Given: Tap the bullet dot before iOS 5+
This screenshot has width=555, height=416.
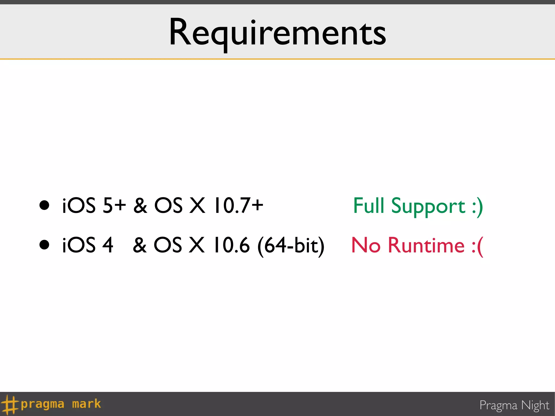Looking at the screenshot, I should [44, 205].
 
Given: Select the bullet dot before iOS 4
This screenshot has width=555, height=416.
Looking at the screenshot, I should [44, 245].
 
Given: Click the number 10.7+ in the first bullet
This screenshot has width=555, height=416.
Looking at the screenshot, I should [238, 205].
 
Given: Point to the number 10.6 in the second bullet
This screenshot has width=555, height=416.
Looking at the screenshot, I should [232, 245].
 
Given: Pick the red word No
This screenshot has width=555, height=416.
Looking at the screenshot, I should [366, 245].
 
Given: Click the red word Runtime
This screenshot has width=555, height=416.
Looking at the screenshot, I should [426, 245].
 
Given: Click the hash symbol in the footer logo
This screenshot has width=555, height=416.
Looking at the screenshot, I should [10, 404].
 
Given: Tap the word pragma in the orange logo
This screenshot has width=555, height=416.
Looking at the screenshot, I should [43, 404].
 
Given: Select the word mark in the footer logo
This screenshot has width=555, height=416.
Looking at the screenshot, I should [86, 404].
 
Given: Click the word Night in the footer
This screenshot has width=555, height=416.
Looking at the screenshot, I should [535, 405].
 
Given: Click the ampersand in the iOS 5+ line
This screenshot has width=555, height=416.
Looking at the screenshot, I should [140, 205].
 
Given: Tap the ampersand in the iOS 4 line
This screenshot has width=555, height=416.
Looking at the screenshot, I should [140, 245].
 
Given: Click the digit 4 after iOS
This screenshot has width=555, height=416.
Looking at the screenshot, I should [108, 245].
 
